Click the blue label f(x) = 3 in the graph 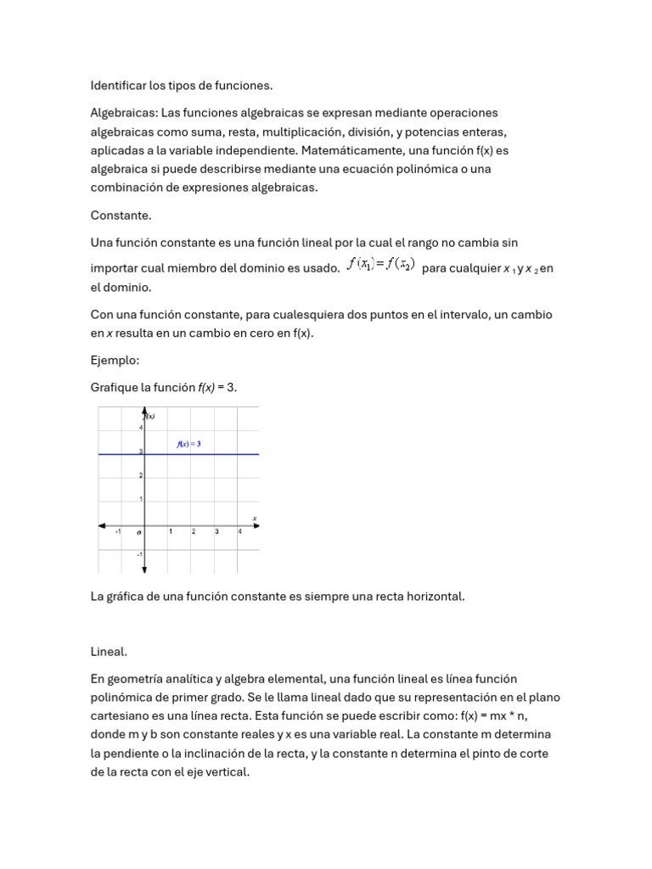coord(188,444)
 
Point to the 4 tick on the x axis coord(239,532)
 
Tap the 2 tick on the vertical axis coord(140,475)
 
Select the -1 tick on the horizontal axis coord(118,532)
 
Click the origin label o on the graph coord(139,532)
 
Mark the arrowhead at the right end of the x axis coord(254,524)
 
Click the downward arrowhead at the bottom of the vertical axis coord(145,569)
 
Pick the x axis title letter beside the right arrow coord(255,517)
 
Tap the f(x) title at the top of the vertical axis coord(150,416)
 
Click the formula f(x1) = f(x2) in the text coord(380,265)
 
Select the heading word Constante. coord(121,216)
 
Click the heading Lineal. coord(109,652)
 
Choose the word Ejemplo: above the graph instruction coord(115,361)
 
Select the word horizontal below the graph coord(433,597)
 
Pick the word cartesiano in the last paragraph coord(121,715)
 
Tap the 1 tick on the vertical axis coord(140,498)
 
